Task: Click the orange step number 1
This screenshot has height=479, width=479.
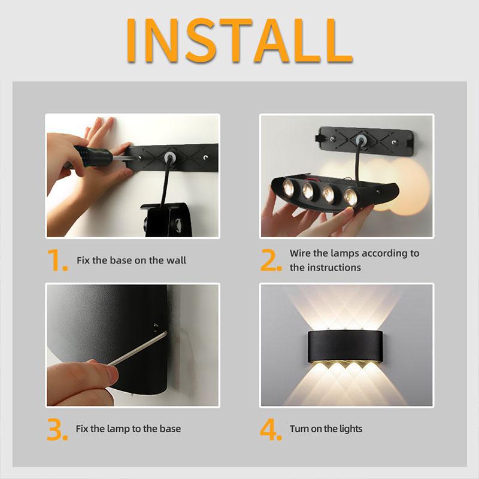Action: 57,261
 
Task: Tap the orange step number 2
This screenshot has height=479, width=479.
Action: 271,261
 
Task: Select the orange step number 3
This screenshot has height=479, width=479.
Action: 57,429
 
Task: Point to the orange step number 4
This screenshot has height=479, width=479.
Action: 271,429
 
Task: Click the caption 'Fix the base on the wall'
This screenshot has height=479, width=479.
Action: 131,260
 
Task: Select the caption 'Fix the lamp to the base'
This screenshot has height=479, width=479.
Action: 128,429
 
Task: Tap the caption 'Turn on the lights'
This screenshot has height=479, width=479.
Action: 326,429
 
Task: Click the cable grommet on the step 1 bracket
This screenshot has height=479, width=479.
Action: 169,157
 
